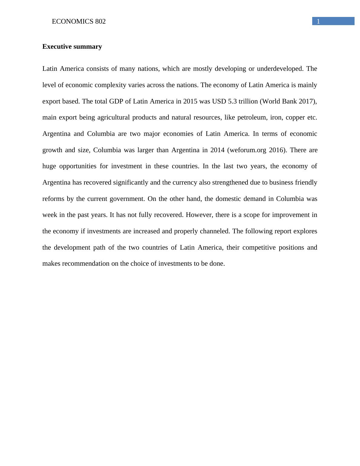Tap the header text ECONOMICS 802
point(79,21)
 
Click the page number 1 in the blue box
point(318,21)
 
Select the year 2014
point(217,150)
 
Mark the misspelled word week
point(50,215)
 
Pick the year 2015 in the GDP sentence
point(190,101)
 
